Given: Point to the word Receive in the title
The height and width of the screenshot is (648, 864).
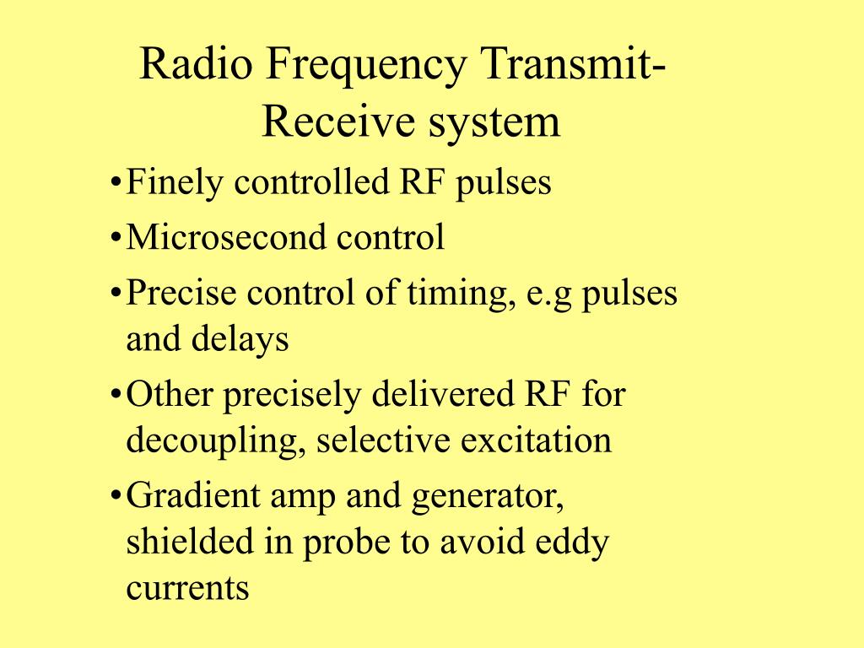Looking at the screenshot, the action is (329, 121).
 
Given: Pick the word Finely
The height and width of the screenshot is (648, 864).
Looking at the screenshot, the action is (175, 183).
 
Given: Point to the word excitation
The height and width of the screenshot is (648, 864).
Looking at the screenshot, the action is (543, 440).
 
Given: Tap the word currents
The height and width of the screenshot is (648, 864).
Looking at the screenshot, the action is (187, 588).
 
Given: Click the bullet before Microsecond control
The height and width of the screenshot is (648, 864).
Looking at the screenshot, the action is (116, 239).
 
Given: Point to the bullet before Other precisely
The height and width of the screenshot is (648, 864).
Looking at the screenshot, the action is (116, 395).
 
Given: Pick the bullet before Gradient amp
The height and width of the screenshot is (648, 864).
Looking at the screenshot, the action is (116, 496).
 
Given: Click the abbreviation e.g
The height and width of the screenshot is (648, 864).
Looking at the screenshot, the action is (546, 295).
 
